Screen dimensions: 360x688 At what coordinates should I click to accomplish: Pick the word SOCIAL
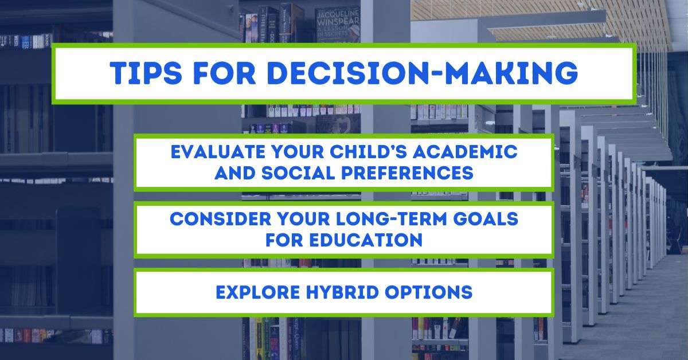pos(291,173)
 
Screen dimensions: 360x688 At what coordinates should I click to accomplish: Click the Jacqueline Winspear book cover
pos(338,23)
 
